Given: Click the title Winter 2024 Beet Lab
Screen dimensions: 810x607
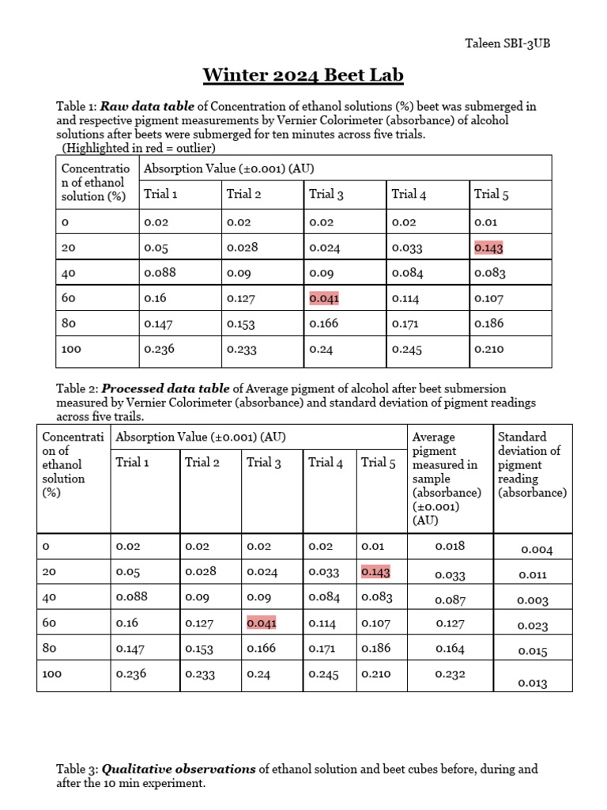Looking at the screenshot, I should pos(303,75).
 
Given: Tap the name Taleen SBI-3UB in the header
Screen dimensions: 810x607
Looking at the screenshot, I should pos(507,44).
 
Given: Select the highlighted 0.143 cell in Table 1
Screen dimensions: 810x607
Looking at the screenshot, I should pos(488,248).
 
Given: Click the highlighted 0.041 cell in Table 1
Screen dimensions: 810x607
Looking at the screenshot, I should pos(324,298).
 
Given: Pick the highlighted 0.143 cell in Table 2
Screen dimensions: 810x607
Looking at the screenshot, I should pos(375,571).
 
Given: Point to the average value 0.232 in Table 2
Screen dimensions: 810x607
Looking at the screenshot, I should pos(451,674).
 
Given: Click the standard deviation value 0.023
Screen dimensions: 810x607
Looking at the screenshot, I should pos(533,626).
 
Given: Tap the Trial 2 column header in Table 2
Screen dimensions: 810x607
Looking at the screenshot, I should pos(202,462).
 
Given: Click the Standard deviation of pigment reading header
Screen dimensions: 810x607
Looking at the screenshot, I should pos(532,464).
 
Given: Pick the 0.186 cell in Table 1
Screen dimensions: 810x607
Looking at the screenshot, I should pos(488,324).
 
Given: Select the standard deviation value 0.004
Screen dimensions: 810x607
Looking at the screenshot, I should pos(536,550).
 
